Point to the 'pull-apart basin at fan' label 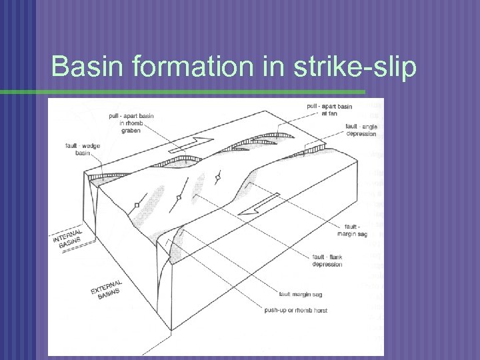[x=329, y=109]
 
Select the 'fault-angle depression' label [x=361, y=129]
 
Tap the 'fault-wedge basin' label [x=78, y=149]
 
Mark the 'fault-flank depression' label [x=327, y=260]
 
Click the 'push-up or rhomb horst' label [x=295, y=310]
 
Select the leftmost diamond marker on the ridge [x=137, y=205]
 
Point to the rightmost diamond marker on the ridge [x=217, y=177]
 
